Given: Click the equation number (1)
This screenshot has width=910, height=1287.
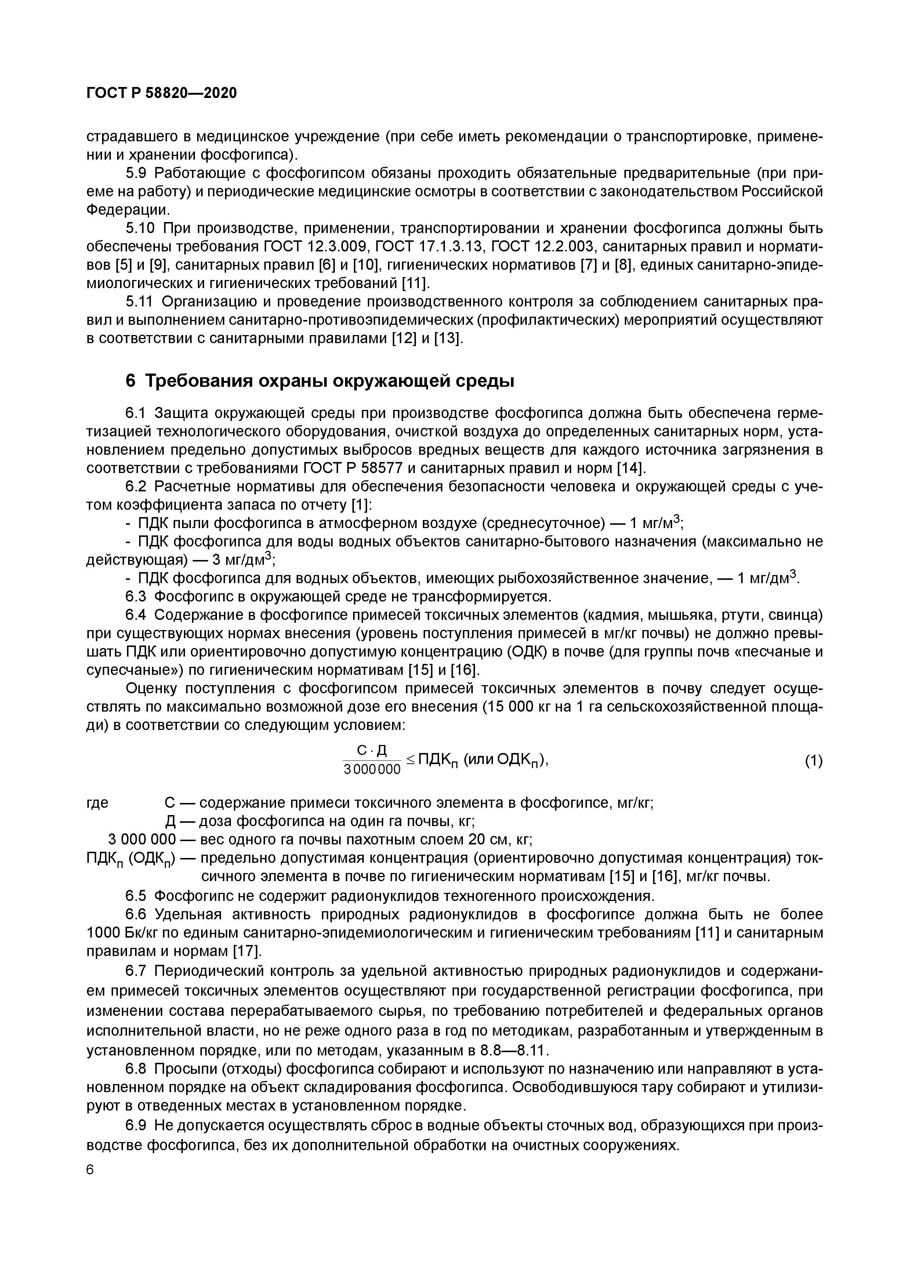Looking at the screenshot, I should (813, 761).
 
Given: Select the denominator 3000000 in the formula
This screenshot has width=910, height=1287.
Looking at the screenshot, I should (372, 770).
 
